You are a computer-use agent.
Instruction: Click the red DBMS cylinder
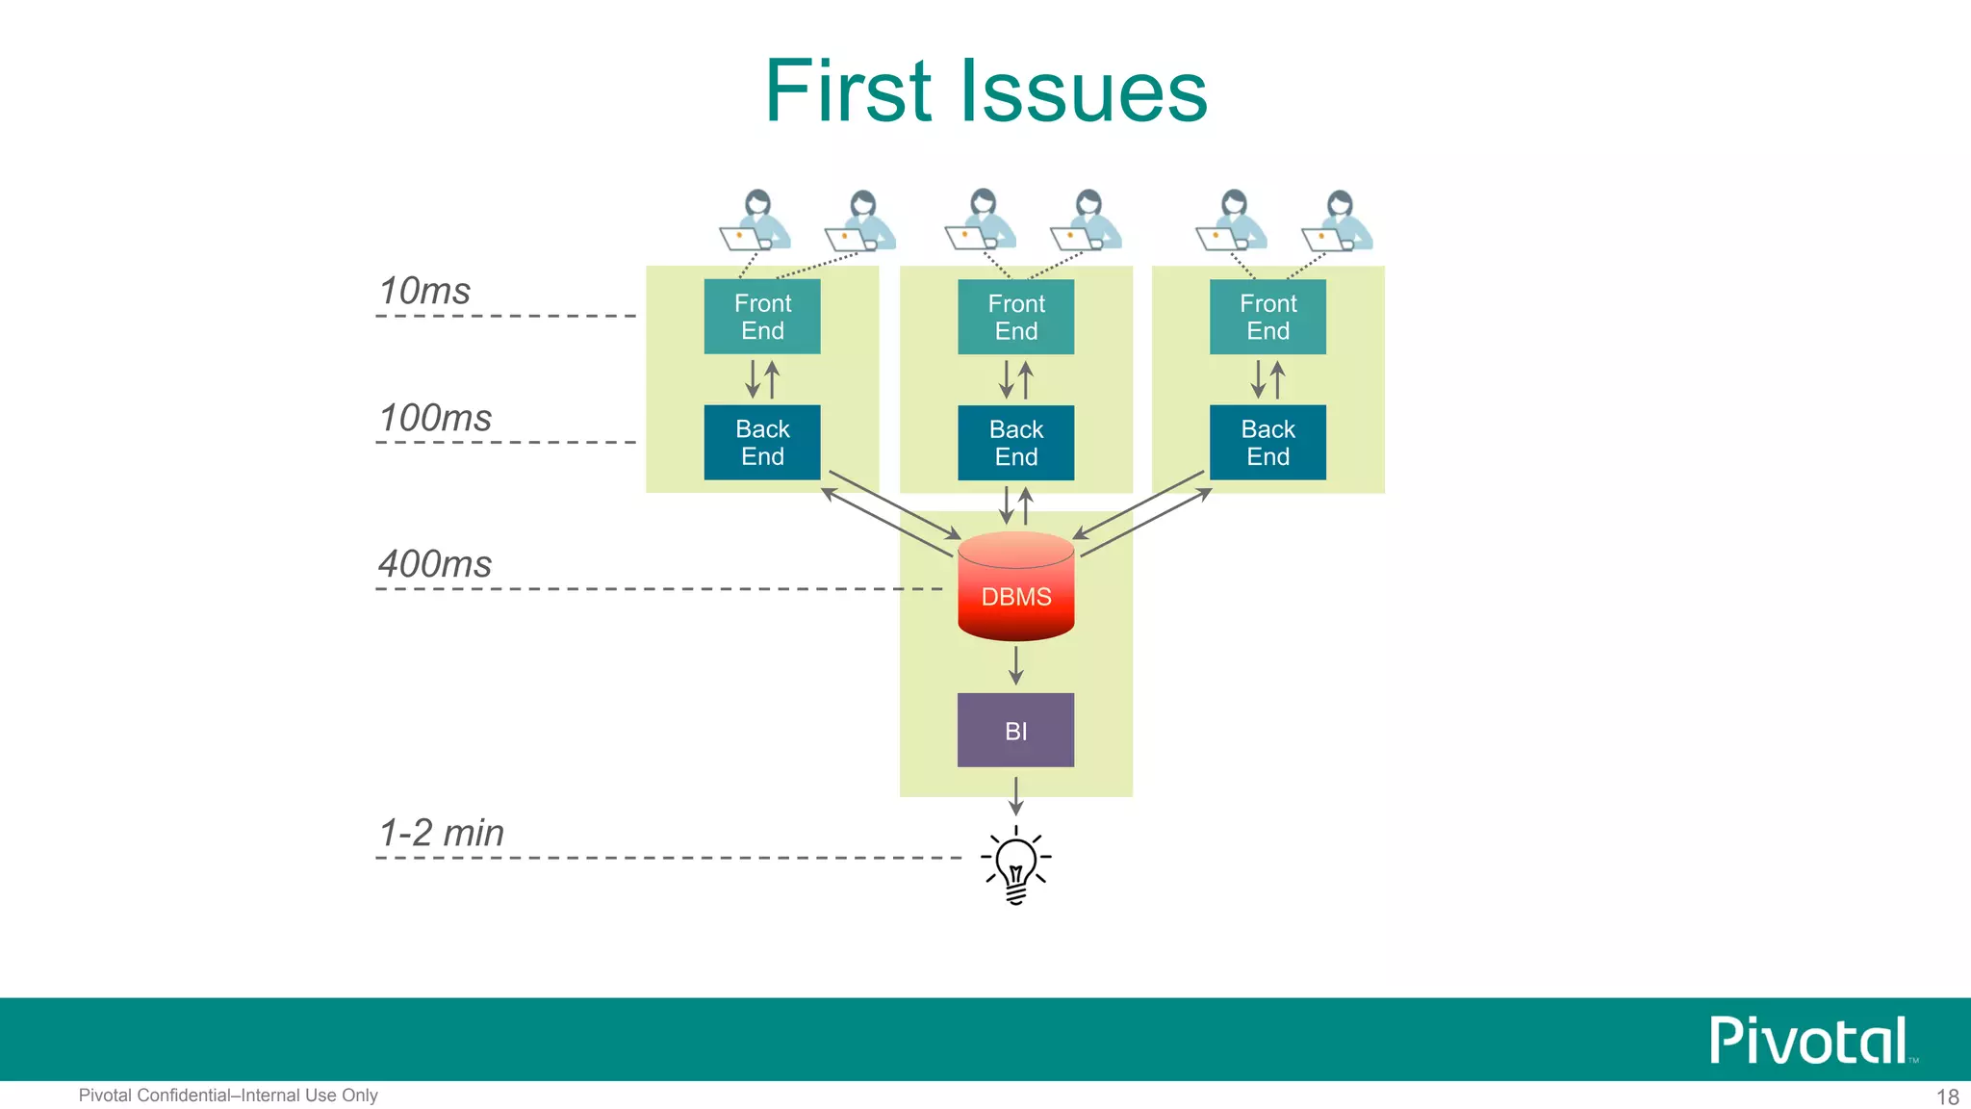(x=1015, y=587)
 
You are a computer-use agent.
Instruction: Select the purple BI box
(x=1015, y=730)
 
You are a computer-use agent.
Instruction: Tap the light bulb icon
(x=1015, y=864)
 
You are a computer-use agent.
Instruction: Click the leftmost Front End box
(x=762, y=317)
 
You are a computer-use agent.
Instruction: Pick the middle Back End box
(x=1015, y=442)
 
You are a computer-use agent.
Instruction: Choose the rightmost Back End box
(x=1267, y=442)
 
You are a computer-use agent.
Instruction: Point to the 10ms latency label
(x=424, y=291)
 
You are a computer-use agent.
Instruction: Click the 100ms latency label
(x=435, y=418)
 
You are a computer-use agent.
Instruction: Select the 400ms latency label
(x=435, y=564)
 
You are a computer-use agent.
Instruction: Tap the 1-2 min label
(x=441, y=833)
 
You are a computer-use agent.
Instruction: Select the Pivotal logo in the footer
(x=1808, y=1041)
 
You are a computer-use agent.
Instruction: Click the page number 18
(x=1947, y=1096)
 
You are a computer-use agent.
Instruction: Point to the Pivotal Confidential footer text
(x=228, y=1096)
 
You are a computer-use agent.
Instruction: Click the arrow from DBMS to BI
(x=1015, y=665)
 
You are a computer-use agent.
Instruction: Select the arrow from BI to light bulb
(x=1015, y=795)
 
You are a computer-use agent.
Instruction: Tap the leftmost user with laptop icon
(x=755, y=220)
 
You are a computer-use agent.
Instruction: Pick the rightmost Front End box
(x=1267, y=317)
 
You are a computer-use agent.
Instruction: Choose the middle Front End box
(x=1015, y=317)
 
